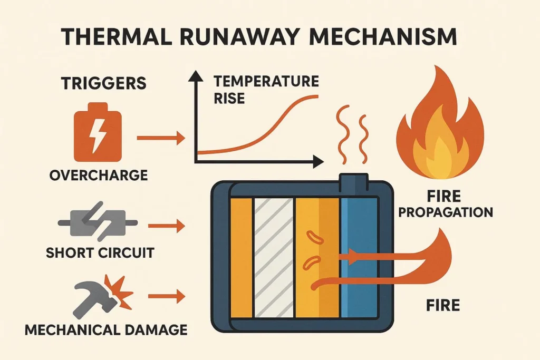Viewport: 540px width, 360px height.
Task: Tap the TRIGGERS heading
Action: [x=103, y=83]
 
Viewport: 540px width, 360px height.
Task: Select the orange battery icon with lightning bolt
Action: [x=98, y=132]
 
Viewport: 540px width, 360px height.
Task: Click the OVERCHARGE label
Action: [x=98, y=175]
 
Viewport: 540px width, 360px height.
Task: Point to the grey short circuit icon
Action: [x=98, y=221]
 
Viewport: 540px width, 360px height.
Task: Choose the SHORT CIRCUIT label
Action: [x=100, y=253]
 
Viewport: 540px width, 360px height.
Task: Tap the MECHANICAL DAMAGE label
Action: [x=106, y=330]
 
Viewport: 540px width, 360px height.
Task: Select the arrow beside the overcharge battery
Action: [x=161, y=138]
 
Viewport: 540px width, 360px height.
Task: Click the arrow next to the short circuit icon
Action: [x=166, y=226]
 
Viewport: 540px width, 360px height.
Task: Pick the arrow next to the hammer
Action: [x=166, y=296]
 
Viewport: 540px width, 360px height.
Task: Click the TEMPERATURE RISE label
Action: [x=266, y=90]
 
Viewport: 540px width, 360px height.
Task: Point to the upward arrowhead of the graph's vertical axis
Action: [x=196, y=75]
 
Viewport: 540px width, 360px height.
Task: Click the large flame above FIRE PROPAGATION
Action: [x=440, y=128]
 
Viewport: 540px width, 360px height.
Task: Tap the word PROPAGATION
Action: [x=446, y=212]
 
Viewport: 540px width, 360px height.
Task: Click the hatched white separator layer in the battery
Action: [x=274, y=257]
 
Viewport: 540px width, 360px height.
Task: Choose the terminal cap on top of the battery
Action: [x=354, y=182]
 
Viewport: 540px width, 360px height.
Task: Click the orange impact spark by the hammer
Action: [x=119, y=291]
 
